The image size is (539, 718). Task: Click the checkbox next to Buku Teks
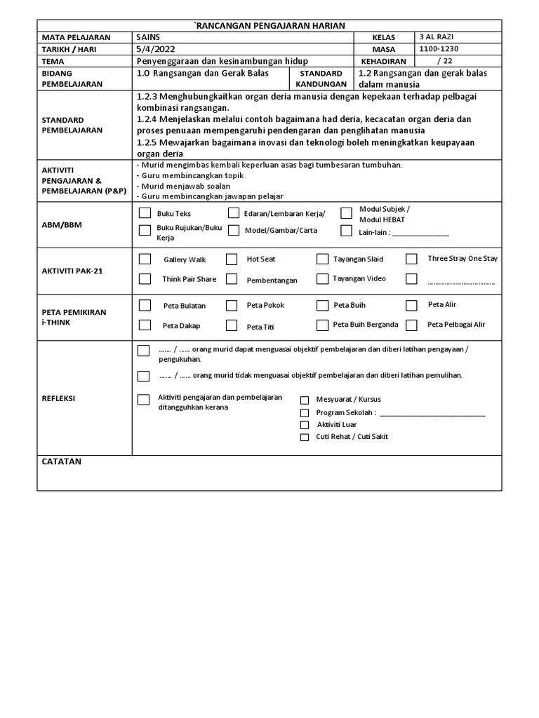tap(145, 213)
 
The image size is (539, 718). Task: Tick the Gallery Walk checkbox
tap(145, 259)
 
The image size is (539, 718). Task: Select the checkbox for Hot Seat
tap(232, 259)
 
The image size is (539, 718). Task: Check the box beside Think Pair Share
tap(145, 279)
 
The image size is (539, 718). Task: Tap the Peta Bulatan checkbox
tap(145, 305)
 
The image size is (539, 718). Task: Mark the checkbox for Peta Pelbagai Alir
tap(412, 325)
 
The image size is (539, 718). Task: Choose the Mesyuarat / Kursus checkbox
tap(305, 400)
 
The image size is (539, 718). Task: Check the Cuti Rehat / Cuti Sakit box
tap(305, 437)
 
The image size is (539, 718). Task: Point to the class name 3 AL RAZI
tap(434, 36)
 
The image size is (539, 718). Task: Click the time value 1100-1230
tap(437, 49)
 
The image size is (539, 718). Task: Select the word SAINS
tap(148, 36)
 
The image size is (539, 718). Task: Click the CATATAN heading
tap(62, 461)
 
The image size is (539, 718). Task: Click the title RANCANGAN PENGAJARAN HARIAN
tap(269, 25)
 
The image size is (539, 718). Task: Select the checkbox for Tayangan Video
tap(322, 279)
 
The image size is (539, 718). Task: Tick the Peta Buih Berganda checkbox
tap(322, 325)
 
